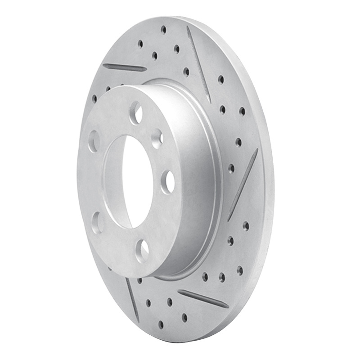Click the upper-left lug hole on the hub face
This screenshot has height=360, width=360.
(x=94, y=141)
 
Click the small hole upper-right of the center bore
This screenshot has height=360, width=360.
(x=157, y=139)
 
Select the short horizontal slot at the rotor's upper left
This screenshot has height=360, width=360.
(x=125, y=67)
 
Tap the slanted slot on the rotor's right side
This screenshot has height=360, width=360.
(x=243, y=184)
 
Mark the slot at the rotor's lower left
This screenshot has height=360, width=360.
(x=132, y=293)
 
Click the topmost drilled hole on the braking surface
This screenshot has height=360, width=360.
(x=163, y=30)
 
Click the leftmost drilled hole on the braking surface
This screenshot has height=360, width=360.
(x=94, y=98)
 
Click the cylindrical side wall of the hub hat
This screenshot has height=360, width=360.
(x=198, y=180)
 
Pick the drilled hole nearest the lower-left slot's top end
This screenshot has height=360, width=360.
(x=139, y=280)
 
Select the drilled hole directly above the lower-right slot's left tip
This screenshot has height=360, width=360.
(x=205, y=276)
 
